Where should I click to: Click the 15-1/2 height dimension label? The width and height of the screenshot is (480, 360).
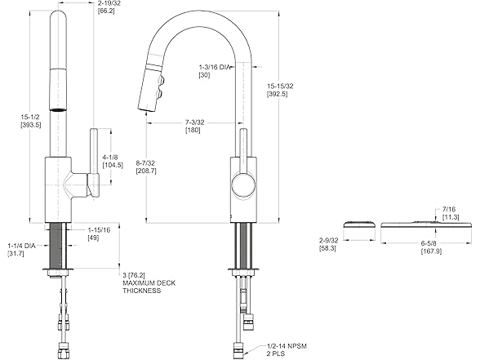click(x=31, y=121)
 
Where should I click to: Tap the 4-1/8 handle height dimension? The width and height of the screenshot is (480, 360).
click(x=112, y=160)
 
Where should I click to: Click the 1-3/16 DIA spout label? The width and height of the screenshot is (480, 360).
click(x=215, y=70)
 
